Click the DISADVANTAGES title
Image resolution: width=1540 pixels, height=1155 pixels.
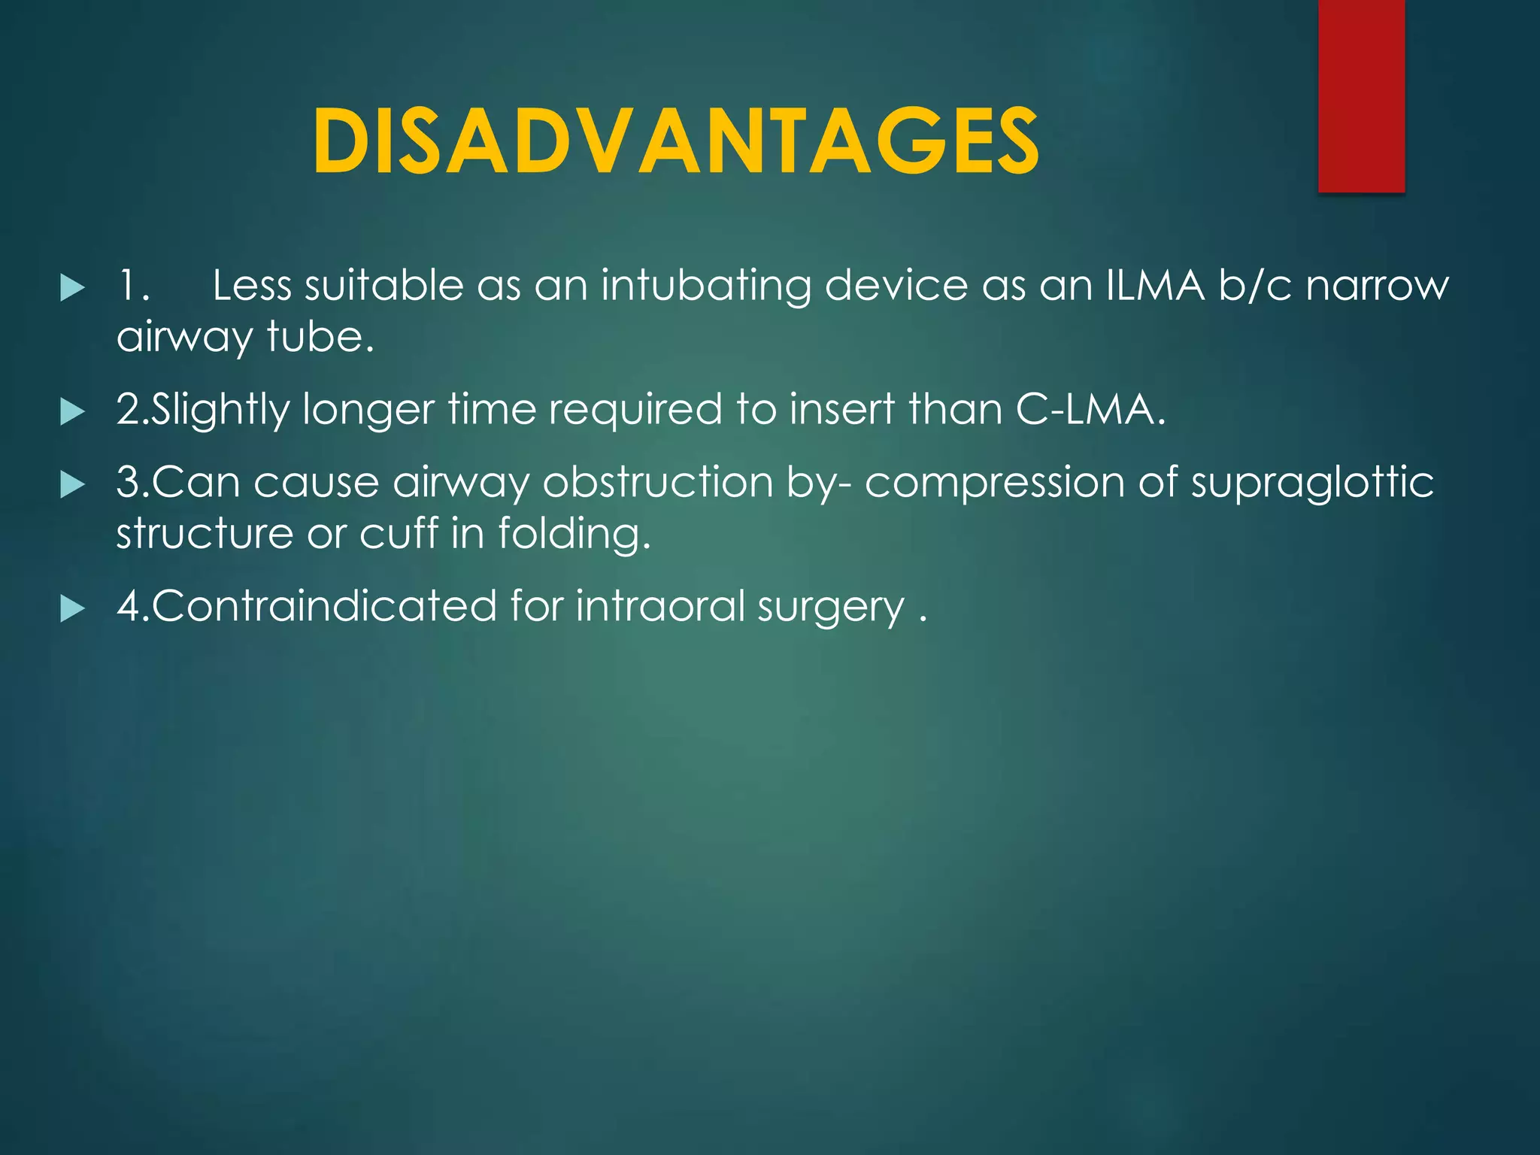coord(675,141)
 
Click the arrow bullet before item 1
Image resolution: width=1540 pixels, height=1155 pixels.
coord(72,288)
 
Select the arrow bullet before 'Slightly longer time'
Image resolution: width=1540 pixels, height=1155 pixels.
coord(72,411)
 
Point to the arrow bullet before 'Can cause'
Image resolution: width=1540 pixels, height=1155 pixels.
coord(72,484)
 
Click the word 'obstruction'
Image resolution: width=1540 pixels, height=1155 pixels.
coord(658,482)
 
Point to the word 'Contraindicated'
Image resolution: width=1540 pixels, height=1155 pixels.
coord(324,606)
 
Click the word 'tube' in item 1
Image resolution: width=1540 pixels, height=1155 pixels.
coord(316,337)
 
